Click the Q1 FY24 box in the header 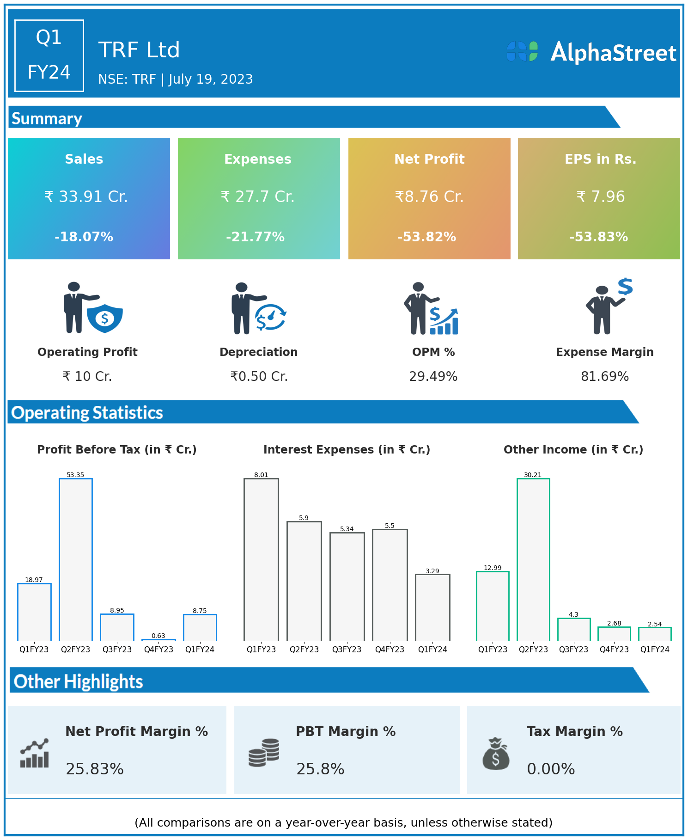tap(49, 55)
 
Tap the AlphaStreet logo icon tap(522, 51)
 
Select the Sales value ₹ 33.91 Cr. tap(86, 197)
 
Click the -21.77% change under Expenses tap(255, 237)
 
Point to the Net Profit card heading tap(429, 159)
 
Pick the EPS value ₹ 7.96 tap(600, 197)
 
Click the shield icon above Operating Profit tap(105, 318)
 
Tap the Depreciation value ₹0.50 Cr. tap(259, 377)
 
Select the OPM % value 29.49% tap(433, 377)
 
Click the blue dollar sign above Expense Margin tap(625, 287)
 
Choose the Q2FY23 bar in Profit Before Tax tap(76, 559)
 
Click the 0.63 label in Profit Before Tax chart tap(158, 636)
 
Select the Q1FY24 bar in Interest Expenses tap(432, 607)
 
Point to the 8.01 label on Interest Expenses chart tap(261, 475)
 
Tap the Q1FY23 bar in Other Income tap(493, 606)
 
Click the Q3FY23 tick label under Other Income tap(573, 650)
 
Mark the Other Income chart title tap(573, 450)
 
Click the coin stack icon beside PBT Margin tap(264, 753)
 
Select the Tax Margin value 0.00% tap(551, 769)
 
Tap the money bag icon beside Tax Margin tap(496, 754)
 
